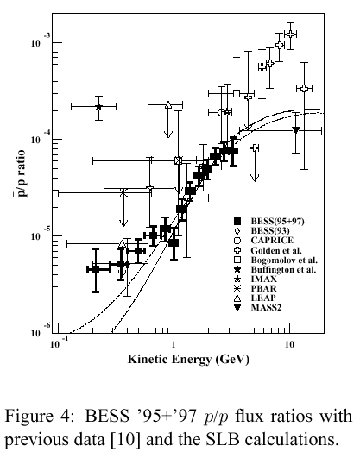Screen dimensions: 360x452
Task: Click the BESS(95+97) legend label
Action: [x=277, y=221]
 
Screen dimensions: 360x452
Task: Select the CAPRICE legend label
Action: [x=272, y=240]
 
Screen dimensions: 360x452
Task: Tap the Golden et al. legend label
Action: [x=276, y=250]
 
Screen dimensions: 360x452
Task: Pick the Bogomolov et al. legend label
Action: [x=284, y=260]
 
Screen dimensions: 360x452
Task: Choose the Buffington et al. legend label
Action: [x=283, y=269]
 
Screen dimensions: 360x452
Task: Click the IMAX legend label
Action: [x=263, y=279]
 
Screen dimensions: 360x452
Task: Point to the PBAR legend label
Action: [x=263, y=289]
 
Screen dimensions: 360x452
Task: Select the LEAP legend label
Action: [x=263, y=298]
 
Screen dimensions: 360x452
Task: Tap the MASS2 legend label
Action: [x=266, y=308]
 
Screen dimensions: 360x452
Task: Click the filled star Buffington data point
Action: [x=98, y=107]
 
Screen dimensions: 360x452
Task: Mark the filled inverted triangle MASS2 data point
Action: [x=295, y=130]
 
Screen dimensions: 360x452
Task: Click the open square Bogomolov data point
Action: [x=237, y=93]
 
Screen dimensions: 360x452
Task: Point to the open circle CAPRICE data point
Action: [x=222, y=112]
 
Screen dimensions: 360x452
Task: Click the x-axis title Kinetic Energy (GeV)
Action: [x=188, y=360]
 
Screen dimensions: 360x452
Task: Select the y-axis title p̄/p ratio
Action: [x=20, y=173]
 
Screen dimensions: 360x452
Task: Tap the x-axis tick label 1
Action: [x=174, y=345]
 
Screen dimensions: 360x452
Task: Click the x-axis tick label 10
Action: [x=289, y=345]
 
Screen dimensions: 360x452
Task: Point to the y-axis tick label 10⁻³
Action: [x=36, y=41]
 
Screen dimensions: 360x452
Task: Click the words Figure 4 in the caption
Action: [x=38, y=417]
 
